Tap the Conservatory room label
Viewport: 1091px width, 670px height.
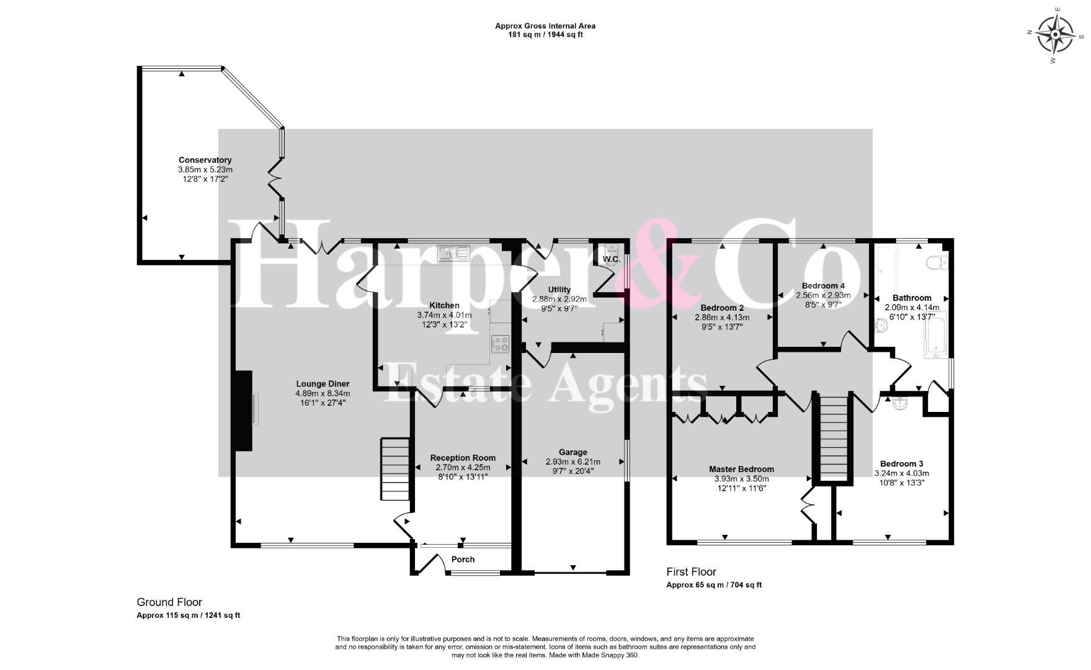pyautogui.click(x=205, y=160)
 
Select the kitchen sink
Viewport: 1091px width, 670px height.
pyautogui.click(x=453, y=252)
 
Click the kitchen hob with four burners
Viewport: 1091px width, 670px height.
pyautogui.click(x=500, y=343)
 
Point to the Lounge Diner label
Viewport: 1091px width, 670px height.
pyautogui.click(x=323, y=384)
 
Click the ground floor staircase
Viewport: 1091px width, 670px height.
pyautogui.click(x=395, y=469)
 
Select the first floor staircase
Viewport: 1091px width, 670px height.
pyautogui.click(x=834, y=438)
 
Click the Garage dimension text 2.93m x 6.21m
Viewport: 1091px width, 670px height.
pyautogui.click(x=572, y=462)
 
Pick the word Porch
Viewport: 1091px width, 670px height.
pyautogui.click(x=463, y=560)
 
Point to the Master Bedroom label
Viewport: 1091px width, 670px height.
pyautogui.click(x=741, y=469)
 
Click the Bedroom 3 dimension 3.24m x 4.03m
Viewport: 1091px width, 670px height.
pyautogui.click(x=901, y=473)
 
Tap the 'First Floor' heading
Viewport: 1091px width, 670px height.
pyautogui.click(x=691, y=571)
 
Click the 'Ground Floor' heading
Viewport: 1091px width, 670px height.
pyautogui.click(x=169, y=602)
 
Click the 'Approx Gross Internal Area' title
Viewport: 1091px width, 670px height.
pyautogui.click(x=545, y=26)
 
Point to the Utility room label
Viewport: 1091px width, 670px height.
pyautogui.click(x=559, y=290)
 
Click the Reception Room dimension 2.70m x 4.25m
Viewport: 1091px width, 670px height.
pyautogui.click(x=463, y=467)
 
